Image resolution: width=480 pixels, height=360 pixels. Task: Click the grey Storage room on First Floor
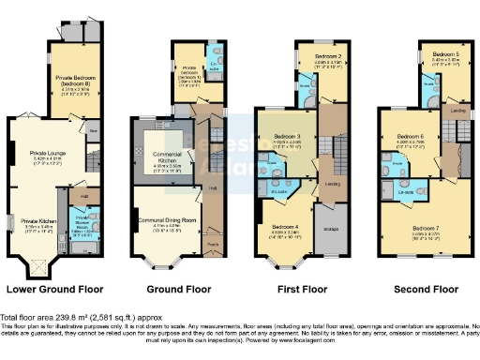[x=331, y=228]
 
